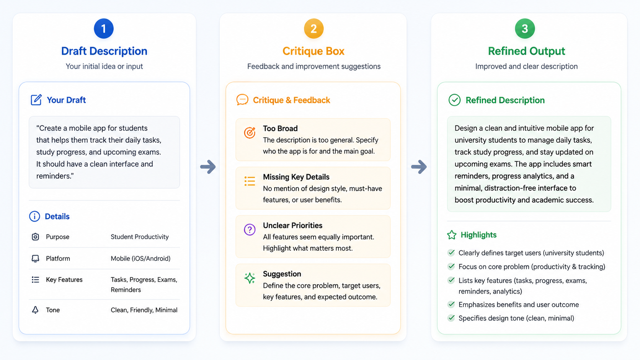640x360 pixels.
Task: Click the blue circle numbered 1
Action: click(104, 29)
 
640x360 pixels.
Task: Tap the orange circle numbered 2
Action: click(314, 29)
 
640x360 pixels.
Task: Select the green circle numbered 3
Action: click(525, 29)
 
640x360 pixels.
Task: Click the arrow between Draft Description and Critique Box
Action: click(208, 167)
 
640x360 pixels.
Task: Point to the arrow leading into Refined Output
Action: click(419, 167)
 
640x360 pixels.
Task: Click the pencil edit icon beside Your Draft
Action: click(36, 99)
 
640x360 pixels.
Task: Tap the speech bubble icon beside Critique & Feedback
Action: click(242, 100)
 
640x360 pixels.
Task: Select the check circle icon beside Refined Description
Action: click(454, 100)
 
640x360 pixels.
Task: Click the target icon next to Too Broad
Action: click(250, 132)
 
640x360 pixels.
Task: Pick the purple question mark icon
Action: click(250, 230)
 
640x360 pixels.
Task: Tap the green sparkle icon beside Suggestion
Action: click(250, 278)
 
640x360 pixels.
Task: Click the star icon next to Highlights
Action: click(452, 235)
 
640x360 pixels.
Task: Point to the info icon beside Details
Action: click(34, 217)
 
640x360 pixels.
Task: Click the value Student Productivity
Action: click(140, 237)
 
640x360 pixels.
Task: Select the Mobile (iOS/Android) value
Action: click(140, 258)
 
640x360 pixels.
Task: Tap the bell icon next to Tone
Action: click(35, 310)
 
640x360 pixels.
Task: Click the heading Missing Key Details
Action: click(296, 177)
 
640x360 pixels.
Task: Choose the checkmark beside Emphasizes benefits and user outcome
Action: click(451, 304)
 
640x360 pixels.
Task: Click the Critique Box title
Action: click(313, 51)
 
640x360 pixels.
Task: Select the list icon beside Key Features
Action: click(36, 280)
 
